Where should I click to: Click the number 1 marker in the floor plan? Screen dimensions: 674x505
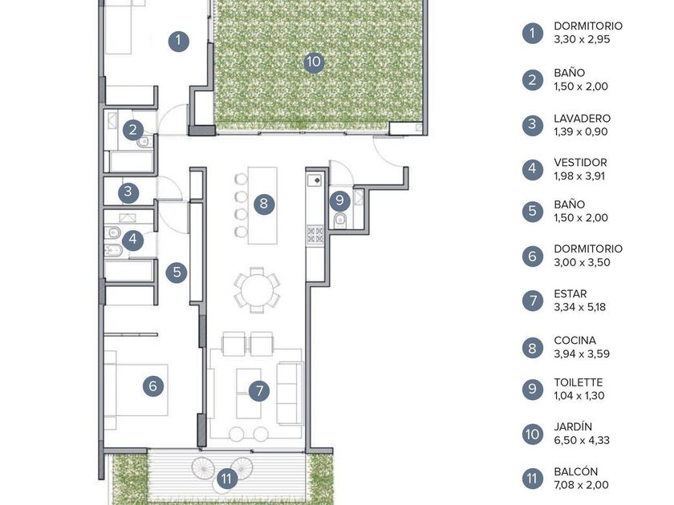178,41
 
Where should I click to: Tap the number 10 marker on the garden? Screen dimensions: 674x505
314,62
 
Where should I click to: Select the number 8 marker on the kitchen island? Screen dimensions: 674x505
264,203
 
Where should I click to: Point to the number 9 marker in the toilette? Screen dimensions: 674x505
340,200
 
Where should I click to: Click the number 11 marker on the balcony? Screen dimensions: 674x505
227,478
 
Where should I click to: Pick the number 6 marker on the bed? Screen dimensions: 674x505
153,386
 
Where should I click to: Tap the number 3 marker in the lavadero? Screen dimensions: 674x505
128,191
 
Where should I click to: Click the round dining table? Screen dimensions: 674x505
257,290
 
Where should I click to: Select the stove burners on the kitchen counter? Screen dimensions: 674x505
315,234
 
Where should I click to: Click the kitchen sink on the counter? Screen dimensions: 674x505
315,180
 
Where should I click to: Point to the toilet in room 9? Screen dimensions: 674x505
340,220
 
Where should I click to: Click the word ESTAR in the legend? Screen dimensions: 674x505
570,293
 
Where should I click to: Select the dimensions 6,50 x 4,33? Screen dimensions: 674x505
582,440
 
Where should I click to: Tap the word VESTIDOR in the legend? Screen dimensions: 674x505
580,162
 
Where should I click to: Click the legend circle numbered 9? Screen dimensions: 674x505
533,389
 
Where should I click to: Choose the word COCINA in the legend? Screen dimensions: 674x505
575,341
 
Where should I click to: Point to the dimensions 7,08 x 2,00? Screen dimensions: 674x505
581,485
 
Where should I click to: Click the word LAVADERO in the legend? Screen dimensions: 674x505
582,118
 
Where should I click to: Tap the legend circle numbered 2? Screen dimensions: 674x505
533,80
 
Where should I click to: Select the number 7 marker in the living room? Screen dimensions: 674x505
259,391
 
